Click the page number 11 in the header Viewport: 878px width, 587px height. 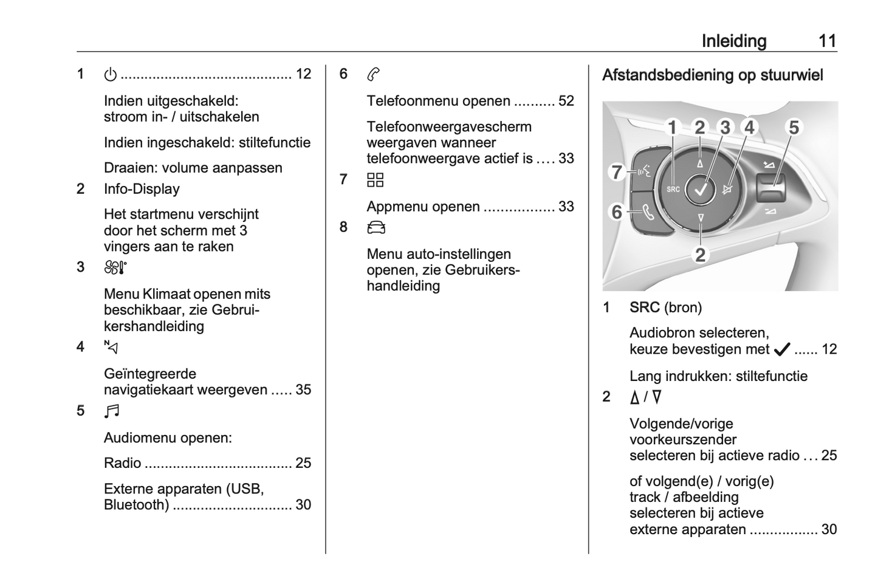point(827,41)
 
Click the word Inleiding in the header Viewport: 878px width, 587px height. point(733,41)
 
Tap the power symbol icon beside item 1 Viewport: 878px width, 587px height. point(110,75)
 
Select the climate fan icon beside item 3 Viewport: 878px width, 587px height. point(115,267)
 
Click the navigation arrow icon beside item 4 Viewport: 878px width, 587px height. point(111,348)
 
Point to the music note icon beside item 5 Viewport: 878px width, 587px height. point(112,411)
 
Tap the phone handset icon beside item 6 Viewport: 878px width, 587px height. point(374,75)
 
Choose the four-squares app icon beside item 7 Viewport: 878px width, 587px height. point(376,180)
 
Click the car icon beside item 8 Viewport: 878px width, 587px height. point(376,228)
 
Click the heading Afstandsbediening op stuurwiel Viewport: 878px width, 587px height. point(712,75)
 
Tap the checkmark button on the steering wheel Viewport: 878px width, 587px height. point(701,190)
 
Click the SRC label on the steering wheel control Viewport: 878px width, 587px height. point(673,190)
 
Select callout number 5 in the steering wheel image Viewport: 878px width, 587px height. point(794,128)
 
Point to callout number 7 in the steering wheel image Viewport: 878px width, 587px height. point(616,172)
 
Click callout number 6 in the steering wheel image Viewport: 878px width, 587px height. point(616,212)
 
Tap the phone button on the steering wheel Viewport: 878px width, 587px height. point(648,213)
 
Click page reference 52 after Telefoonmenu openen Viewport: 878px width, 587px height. point(566,101)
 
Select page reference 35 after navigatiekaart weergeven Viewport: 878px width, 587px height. point(303,390)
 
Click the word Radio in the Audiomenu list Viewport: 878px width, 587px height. point(122,463)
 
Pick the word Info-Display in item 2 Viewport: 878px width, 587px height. point(142,189)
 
